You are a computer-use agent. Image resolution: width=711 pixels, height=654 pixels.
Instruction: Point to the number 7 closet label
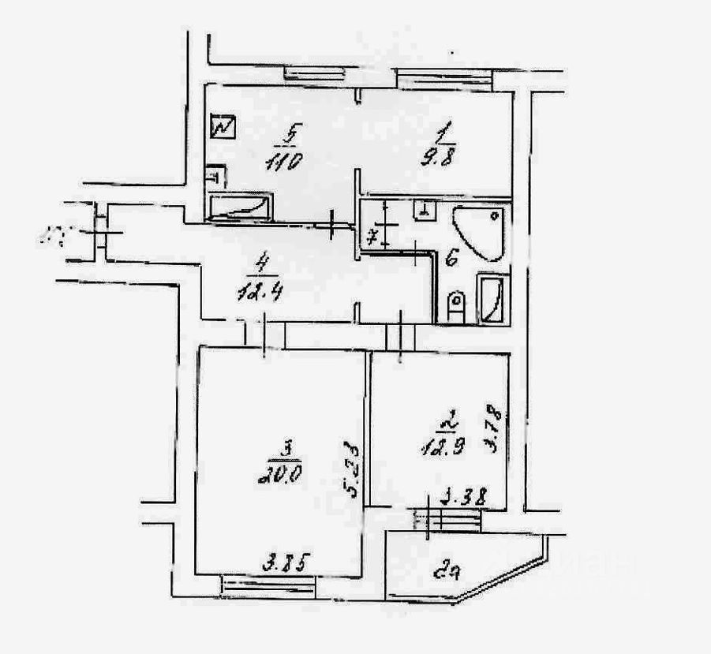pos(374,234)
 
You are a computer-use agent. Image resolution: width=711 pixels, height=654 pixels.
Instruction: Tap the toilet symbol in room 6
pos(455,305)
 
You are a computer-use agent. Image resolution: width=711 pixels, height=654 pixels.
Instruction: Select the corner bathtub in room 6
pos(477,232)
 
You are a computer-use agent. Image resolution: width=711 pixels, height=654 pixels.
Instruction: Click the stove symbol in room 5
pos(223,126)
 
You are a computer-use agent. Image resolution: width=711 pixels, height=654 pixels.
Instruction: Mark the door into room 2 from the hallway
pos(401,334)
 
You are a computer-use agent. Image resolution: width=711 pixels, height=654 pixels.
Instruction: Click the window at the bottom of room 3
pos(268,585)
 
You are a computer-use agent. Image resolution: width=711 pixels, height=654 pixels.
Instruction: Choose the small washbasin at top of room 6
pos(424,209)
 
